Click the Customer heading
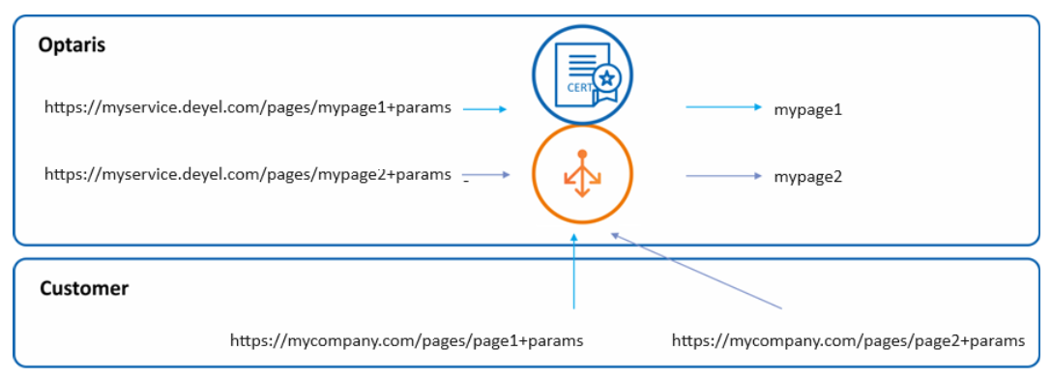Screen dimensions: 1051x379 pos(84,288)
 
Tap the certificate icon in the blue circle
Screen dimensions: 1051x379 pos(582,73)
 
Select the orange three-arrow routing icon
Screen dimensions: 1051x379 pos(582,174)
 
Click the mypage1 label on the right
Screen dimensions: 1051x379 pos(807,109)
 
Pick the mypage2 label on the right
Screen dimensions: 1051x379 pos(807,177)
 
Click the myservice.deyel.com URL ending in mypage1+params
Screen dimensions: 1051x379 pos(248,106)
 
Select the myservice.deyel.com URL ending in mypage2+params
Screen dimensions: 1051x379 pos(248,174)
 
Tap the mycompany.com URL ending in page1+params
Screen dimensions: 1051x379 pos(407,340)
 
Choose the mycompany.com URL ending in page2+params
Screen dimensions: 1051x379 pos(849,340)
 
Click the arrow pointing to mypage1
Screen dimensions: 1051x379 pos(724,107)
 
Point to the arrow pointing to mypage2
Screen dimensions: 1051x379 pos(724,176)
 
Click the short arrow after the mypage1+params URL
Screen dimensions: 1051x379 pos(485,108)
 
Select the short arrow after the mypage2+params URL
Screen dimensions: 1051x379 pos(486,175)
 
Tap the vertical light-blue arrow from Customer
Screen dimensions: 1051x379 pos(573,271)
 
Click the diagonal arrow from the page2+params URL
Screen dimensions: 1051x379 pos(696,271)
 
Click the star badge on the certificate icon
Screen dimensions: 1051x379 pos(607,79)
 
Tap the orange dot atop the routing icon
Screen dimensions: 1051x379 pos(582,154)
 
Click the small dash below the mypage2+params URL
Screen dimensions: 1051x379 pos(465,182)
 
